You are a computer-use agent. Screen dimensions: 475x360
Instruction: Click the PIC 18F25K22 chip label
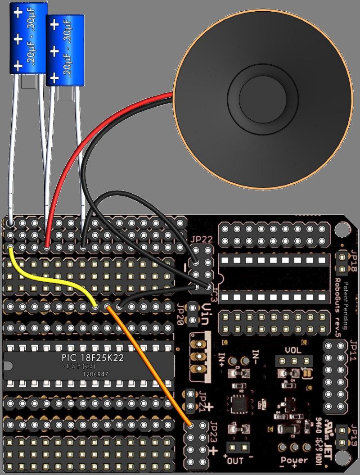click(93, 358)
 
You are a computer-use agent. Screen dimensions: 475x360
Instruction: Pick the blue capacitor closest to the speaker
click(65, 50)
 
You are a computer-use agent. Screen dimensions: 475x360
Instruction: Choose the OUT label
click(235, 461)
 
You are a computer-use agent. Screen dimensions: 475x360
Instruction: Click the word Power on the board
click(294, 460)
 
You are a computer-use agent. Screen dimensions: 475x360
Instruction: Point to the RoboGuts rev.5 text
click(337, 306)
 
